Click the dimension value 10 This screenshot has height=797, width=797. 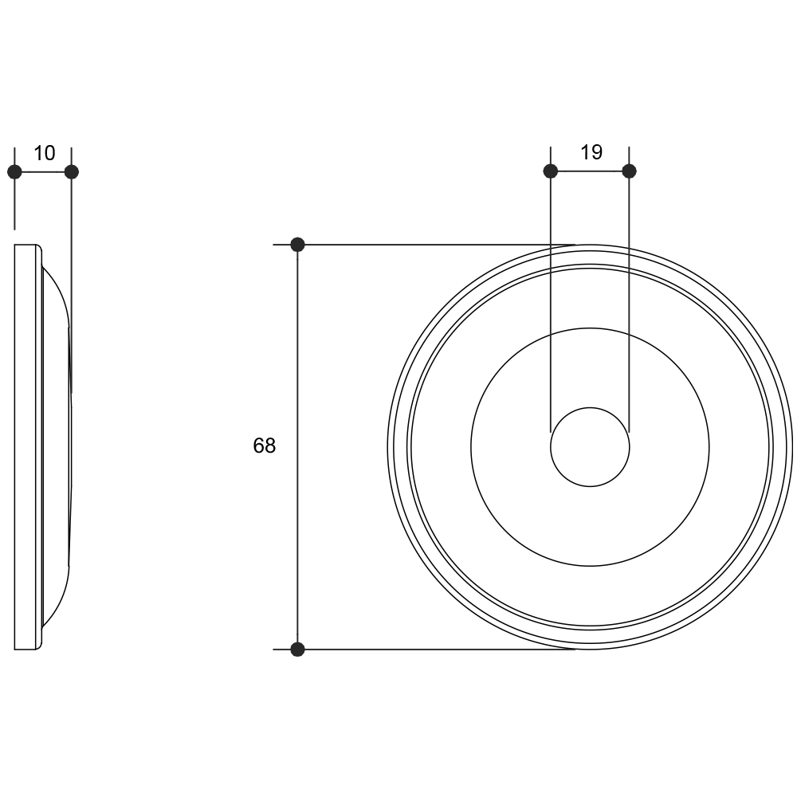[x=44, y=153]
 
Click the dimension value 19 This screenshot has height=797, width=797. [x=591, y=152]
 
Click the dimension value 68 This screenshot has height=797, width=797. [x=265, y=446]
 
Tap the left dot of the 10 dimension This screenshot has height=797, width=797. [x=14, y=172]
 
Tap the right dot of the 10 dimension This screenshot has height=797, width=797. [x=72, y=172]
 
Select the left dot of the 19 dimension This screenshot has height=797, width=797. [x=551, y=171]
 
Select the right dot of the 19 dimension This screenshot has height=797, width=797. [x=630, y=171]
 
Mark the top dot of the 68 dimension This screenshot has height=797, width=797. [x=297, y=245]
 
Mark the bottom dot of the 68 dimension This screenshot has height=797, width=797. [x=297, y=649]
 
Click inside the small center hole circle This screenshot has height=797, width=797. [x=590, y=447]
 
